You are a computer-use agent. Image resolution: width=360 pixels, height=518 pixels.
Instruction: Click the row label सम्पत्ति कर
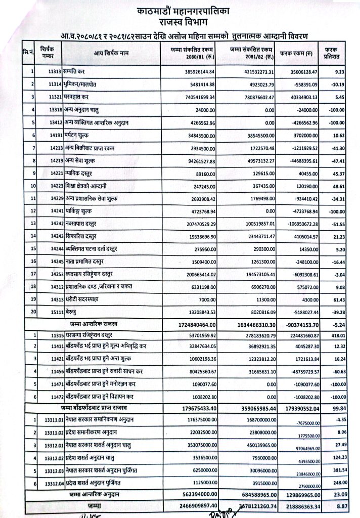point(79,72)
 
